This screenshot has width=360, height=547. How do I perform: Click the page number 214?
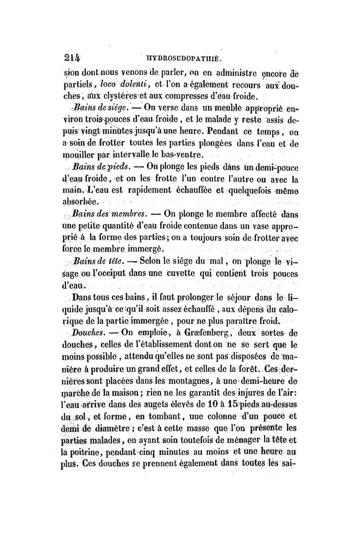click(70, 58)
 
